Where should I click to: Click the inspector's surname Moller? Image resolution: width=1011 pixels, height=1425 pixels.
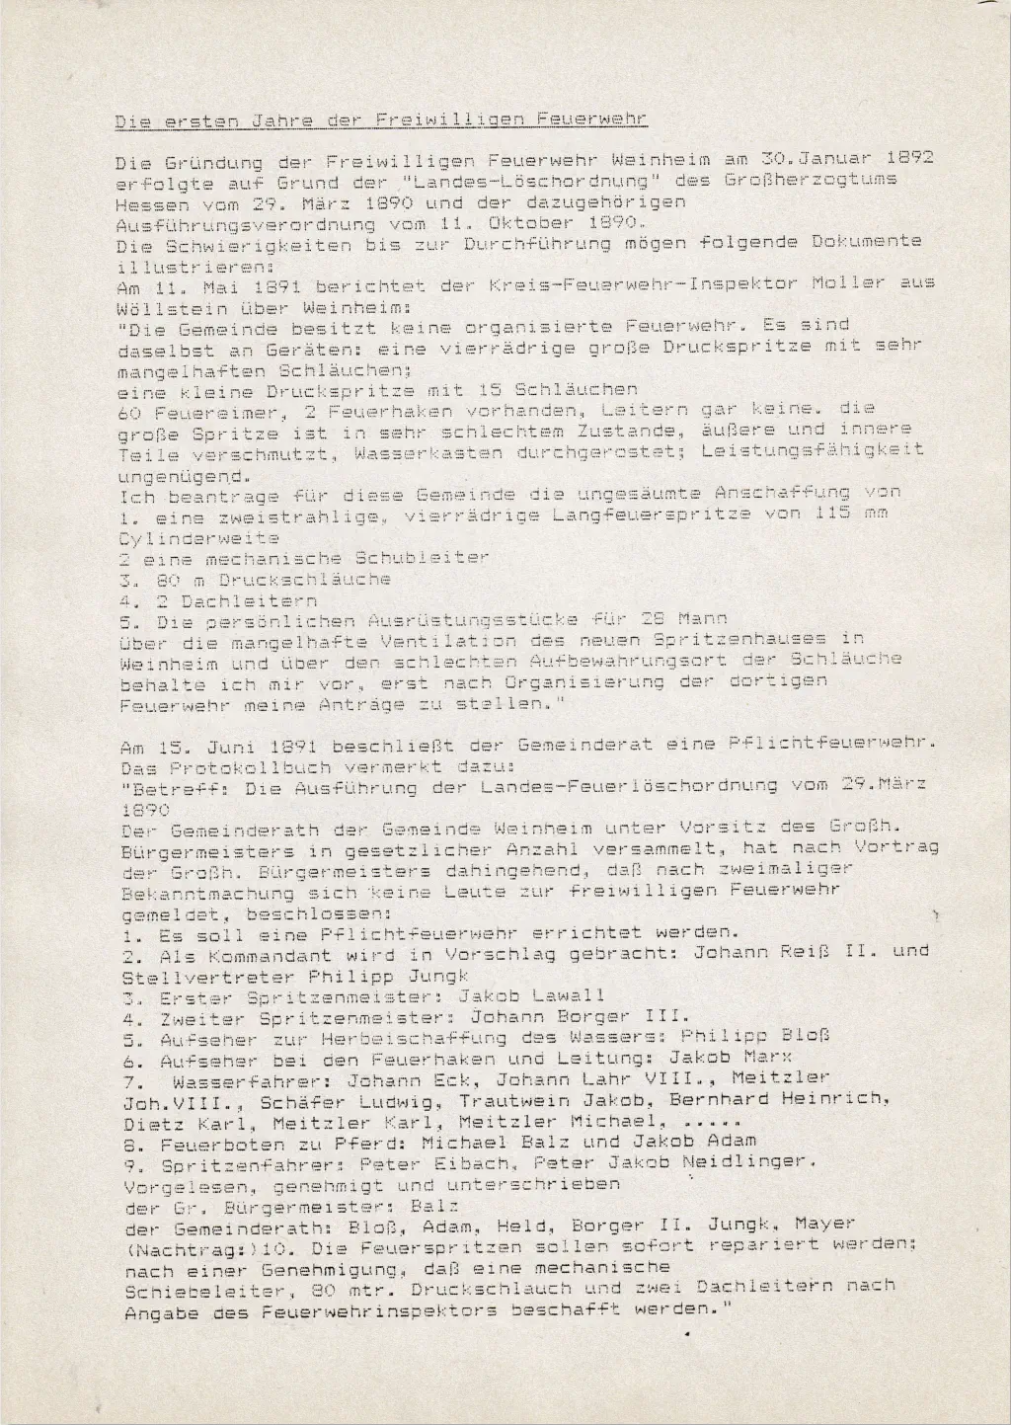[848, 283]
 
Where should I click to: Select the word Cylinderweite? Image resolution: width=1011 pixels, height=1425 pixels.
[196, 538]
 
